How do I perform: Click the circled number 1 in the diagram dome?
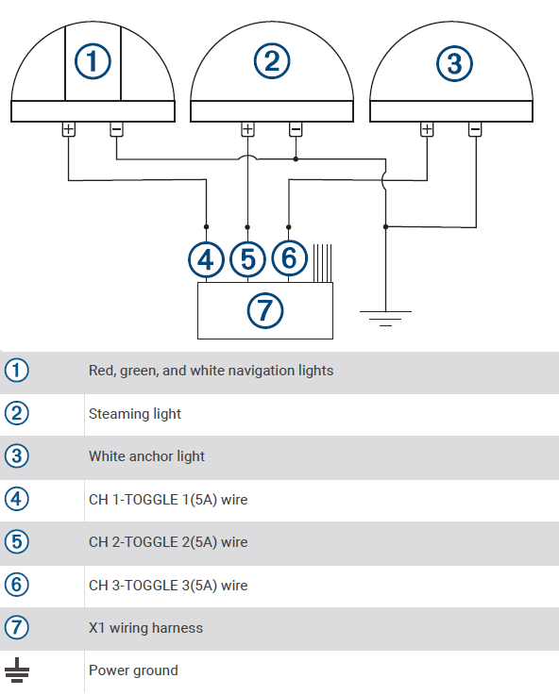(x=93, y=62)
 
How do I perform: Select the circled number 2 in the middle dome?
(x=272, y=62)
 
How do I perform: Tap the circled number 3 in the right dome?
(x=453, y=64)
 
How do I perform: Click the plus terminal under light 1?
(x=68, y=129)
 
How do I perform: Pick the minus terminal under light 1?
(x=116, y=129)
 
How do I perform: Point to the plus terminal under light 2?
(x=247, y=129)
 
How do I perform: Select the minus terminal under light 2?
(x=296, y=129)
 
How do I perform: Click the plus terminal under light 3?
(x=427, y=129)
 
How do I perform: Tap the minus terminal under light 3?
(x=475, y=129)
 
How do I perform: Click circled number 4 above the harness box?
(x=206, y=257)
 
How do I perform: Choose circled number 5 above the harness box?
(x=247, y=257)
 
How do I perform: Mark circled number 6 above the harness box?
(x=289, y=257)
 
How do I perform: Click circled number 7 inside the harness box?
(x=264, y=309)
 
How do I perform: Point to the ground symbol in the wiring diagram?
(x=384, y=317)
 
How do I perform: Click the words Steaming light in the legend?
(x=135, y=414)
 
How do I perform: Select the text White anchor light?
(x=146, y=456)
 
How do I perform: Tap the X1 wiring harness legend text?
(x=145, y=628)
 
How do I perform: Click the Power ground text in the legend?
(x=133, y=670)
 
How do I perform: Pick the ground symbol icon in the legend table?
(x=17, y=671)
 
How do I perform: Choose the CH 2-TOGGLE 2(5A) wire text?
(x=168, y=542)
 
